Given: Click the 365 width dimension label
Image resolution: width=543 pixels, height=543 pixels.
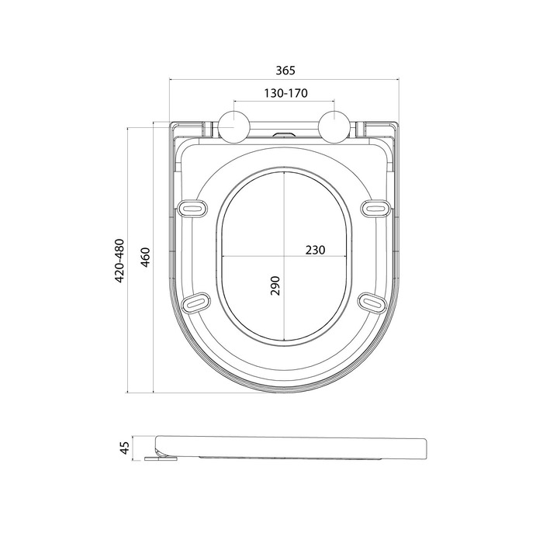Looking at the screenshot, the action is (285, 71).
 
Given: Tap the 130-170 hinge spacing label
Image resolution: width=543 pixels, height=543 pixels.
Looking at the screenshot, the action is (285, 93).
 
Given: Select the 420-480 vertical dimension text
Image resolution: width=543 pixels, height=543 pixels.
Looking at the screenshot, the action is (119, 261).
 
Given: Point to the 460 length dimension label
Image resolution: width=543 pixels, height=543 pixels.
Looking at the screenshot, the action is (146, 258).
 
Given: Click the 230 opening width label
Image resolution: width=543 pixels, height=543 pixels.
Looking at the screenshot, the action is (315, 250).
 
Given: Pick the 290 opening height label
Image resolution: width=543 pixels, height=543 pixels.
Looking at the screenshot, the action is (275, 285).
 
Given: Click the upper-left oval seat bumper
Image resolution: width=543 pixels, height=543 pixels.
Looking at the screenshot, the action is (193, 208).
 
